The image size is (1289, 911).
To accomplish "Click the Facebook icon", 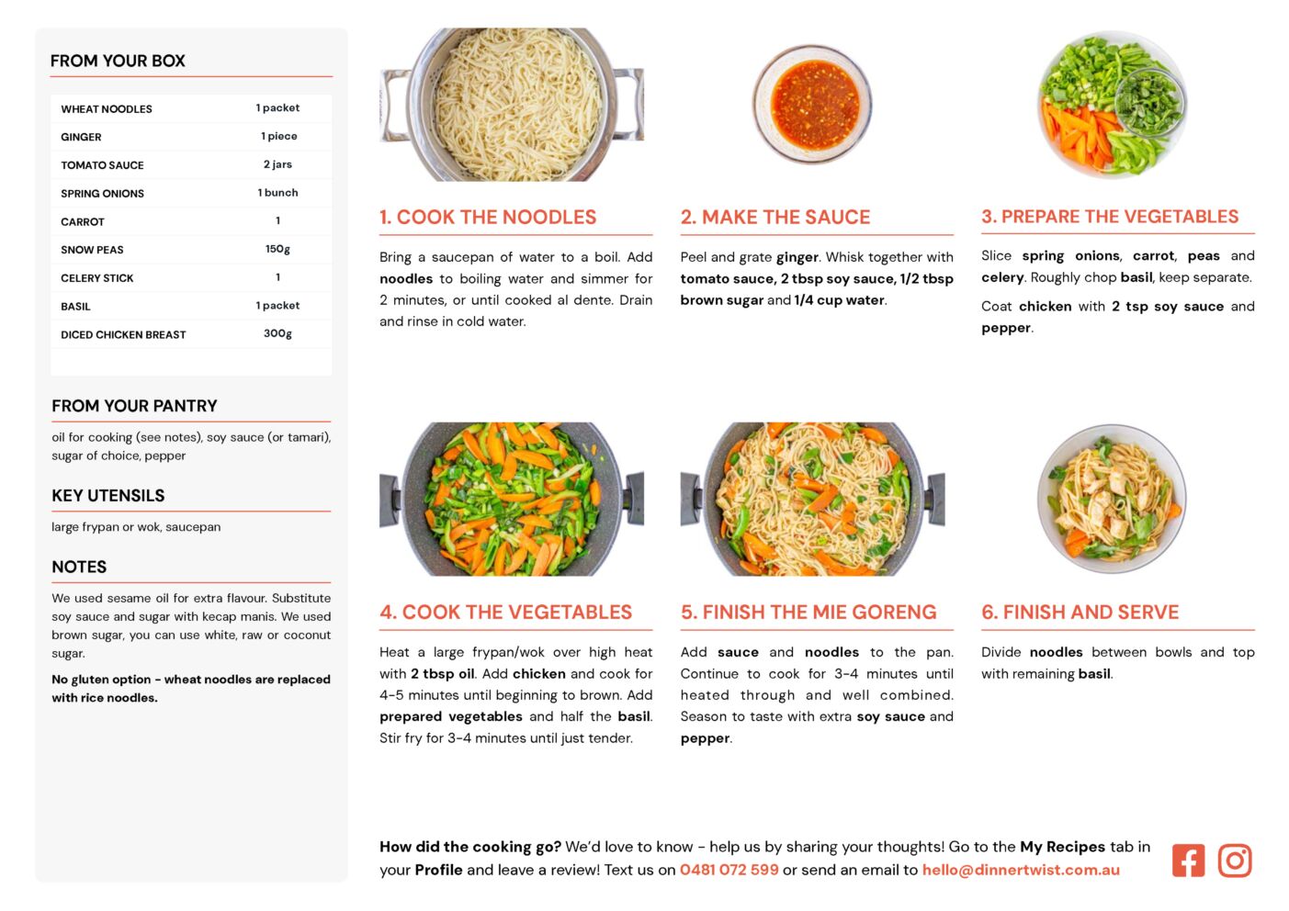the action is coord(1188,860).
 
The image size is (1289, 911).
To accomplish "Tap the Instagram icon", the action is coord(1234,860).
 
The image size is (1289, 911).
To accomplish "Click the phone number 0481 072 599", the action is coord(729,870).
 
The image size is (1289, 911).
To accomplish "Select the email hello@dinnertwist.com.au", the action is coord(1021,870).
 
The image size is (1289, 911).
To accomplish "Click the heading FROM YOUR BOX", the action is coord(118,61).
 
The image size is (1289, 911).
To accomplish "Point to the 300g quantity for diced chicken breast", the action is coord(277,333).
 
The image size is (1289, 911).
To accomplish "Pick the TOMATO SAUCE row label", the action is coord(102,165).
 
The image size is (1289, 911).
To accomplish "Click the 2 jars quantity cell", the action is coord(277,164).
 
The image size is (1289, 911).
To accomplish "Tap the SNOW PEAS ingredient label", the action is coord(92,250).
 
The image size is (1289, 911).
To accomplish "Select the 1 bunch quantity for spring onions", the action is coord(277,193).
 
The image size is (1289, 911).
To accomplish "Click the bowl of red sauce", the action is coord(812,105).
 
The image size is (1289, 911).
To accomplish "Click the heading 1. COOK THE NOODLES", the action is coord(488,218).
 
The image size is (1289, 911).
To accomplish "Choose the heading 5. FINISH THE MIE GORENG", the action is coord(808,612).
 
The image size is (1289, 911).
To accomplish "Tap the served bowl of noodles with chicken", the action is coord(1112,498).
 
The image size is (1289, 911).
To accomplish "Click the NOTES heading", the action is coord(79,567).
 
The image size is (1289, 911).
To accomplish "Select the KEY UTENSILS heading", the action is coord(108,496).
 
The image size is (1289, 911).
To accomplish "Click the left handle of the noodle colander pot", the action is coord(395,106).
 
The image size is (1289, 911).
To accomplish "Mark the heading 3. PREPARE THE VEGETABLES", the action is coord(1110,217).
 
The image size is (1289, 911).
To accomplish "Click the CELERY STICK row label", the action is coord(97,278).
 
